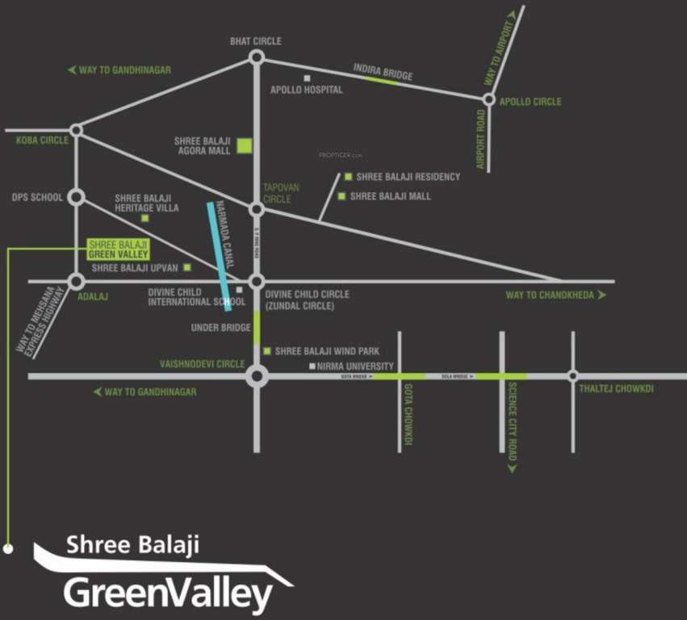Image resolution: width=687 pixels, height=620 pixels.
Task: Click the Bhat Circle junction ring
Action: [257, 57]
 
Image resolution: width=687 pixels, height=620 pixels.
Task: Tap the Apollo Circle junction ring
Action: [488, 100]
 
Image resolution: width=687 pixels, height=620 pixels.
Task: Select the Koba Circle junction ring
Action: [76, 130]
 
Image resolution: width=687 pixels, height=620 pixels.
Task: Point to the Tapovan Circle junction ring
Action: [257, 209]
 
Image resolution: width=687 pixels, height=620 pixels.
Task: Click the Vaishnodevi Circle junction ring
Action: [257, 376]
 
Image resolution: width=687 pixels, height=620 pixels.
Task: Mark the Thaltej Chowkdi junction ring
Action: [572, 375]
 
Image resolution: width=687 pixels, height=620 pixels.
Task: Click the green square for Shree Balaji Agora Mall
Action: [245, 146]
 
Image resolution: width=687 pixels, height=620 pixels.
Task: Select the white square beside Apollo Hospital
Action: [307, 78]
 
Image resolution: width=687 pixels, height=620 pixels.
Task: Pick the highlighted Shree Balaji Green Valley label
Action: [118, 248]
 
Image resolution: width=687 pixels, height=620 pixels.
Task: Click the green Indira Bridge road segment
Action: [383, 79]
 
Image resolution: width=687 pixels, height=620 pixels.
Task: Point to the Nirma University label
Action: [355, 367]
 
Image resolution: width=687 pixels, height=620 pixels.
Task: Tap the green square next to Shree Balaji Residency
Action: [348, 177]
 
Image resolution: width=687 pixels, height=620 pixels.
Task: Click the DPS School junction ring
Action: [76, 197]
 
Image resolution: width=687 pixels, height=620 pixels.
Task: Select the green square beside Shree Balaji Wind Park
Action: [267, 351]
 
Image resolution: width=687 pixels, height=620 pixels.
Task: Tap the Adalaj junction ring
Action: [76, 282]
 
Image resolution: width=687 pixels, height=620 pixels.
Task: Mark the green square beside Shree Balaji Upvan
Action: [187, 267]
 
